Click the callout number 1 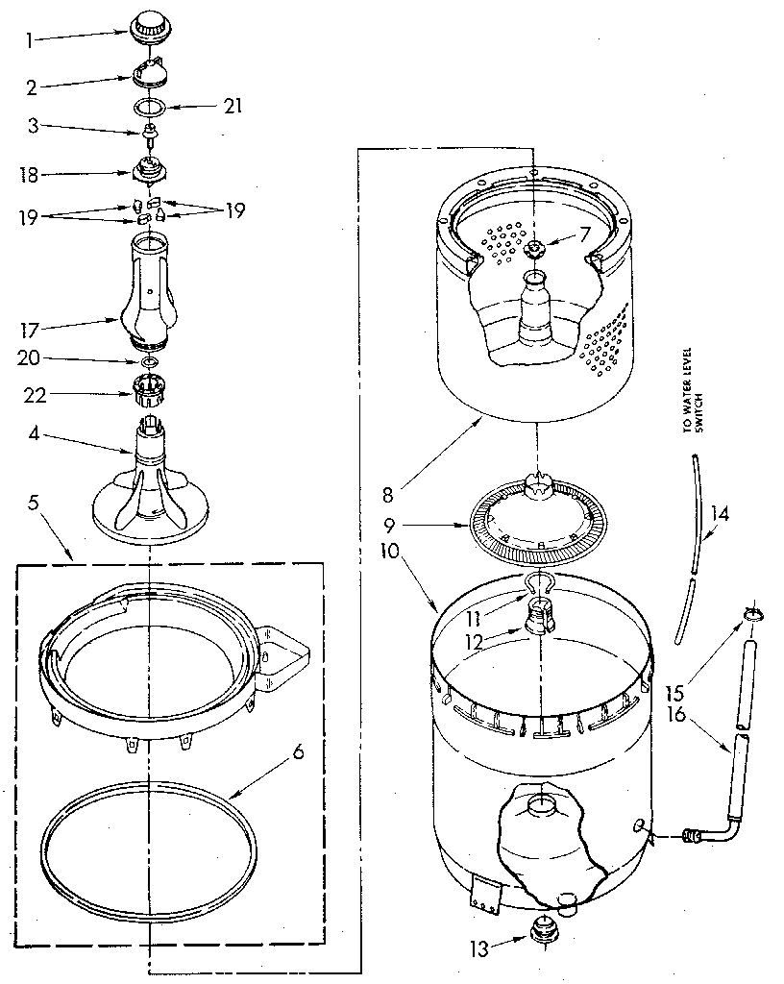[x=30, y=39]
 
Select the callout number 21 [x=231, y=107]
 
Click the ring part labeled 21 [x=150, y=106]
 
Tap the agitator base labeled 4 [x=149, y=485]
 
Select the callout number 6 [x=298, y=751]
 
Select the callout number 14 [x=720, y=514]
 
